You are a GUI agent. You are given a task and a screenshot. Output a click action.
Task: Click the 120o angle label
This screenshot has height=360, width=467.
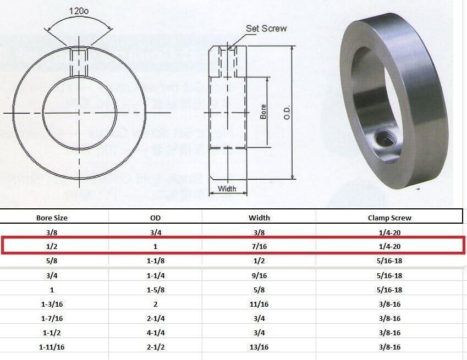[80, 11]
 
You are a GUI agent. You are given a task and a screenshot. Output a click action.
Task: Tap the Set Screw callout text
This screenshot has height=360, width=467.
[266, 28]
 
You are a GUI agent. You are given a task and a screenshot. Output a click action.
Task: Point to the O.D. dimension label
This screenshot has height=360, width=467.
[301, 112]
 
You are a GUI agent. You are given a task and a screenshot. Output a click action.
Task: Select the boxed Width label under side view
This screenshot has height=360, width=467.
[227, 189]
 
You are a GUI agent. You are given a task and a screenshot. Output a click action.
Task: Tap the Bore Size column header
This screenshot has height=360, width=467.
[54, 218]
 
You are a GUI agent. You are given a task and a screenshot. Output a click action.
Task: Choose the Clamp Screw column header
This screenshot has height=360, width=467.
[389, 218]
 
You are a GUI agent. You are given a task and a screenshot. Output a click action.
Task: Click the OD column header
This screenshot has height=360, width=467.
[156, 218]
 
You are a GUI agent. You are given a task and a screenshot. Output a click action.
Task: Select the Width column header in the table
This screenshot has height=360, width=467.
[259, 218]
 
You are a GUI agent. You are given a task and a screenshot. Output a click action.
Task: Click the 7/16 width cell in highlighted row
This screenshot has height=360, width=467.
[259, 247]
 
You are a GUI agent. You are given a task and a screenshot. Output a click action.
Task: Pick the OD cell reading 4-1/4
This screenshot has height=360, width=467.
[156, 333]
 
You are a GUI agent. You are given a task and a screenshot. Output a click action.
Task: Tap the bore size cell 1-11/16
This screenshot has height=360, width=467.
[54, 347]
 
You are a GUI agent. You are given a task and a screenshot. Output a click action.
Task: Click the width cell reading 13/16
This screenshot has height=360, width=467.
[259, 347]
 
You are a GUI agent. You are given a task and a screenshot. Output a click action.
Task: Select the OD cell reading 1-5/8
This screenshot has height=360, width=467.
[156, 290]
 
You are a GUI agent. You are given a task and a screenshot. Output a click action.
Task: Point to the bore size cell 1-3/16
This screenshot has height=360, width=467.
[54, 304]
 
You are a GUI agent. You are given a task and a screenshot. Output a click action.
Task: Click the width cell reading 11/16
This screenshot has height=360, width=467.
[259, 304]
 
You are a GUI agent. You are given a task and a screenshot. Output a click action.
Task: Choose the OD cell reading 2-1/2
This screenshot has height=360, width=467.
[156, 347]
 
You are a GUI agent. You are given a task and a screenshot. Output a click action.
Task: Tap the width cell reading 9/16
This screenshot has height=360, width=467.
[259, 275]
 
